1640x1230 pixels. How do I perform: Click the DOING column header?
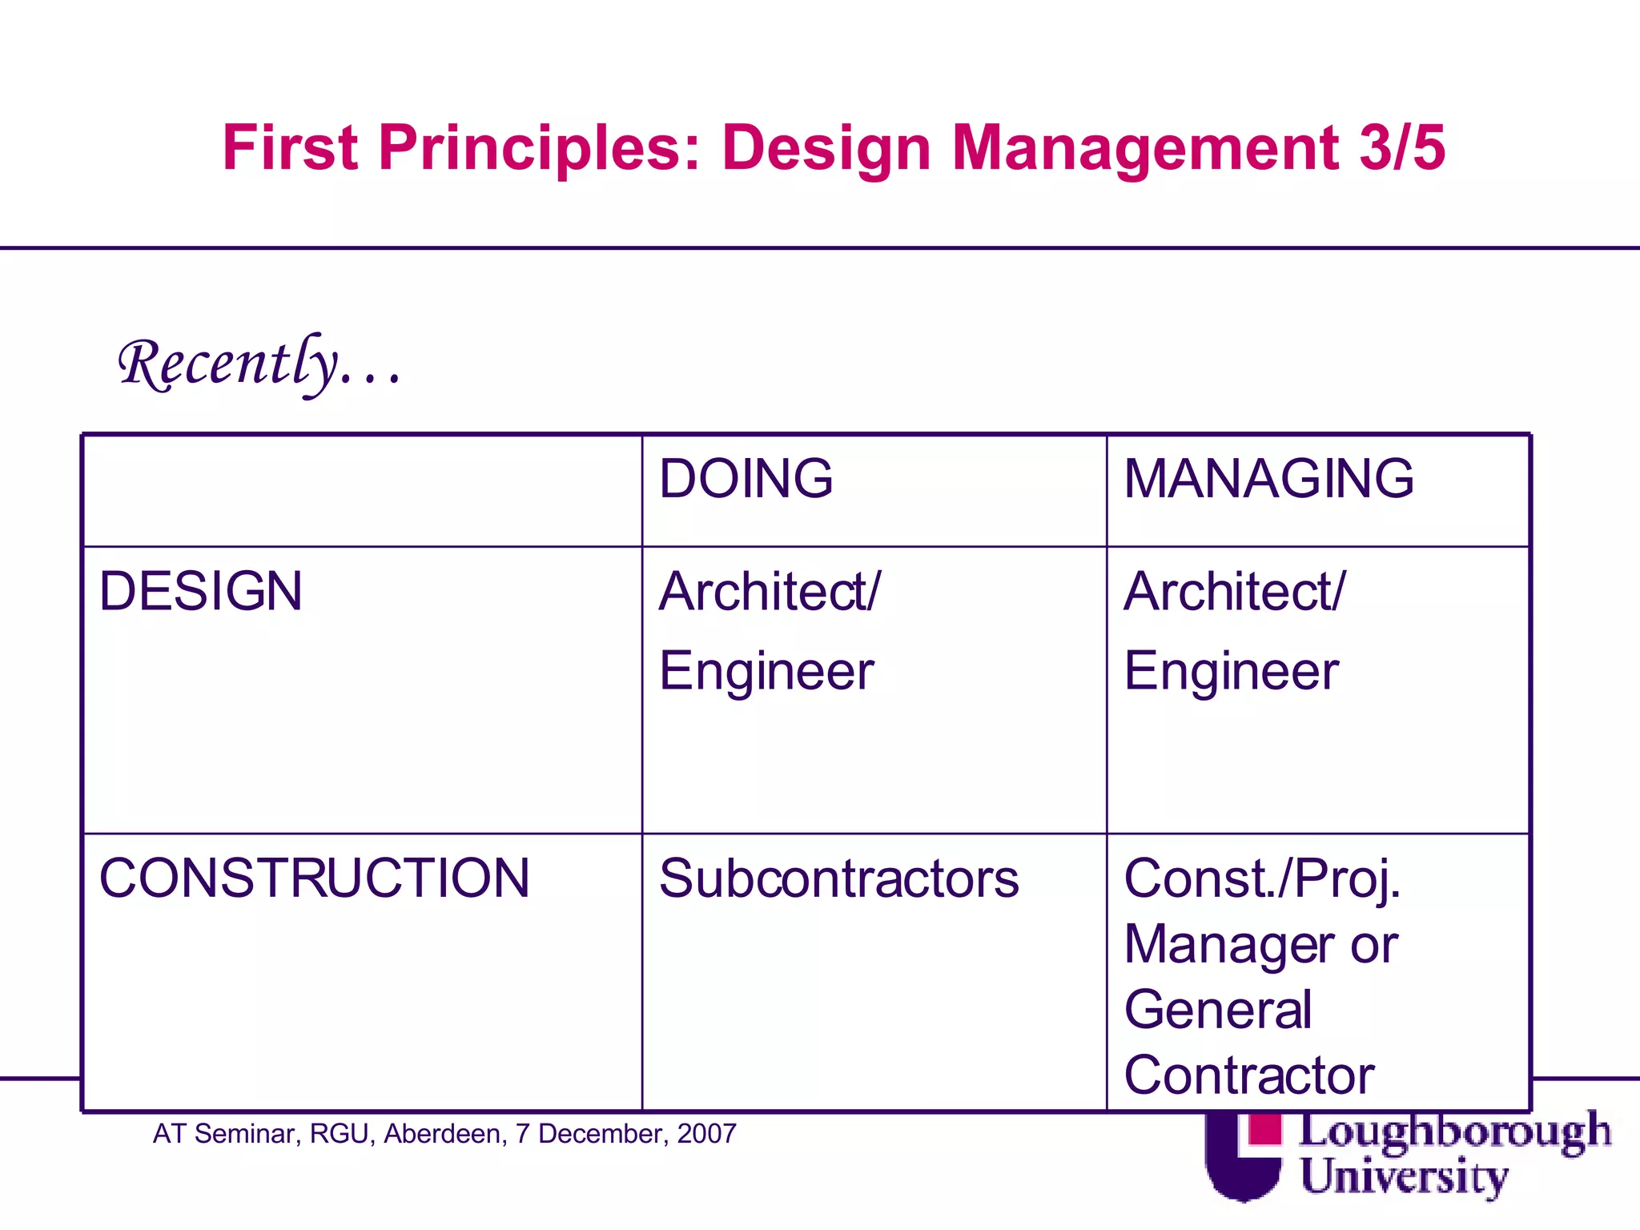[746, 479]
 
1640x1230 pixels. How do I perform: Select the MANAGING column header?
[1268, 479]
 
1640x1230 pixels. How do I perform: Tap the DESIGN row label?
[200, 592]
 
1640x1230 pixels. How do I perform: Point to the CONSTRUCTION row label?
[314, 878]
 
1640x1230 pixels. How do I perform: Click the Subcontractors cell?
[838, 878]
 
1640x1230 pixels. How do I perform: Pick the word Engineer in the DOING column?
[766, 671]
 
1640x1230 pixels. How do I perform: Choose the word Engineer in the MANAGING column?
[1231, 671]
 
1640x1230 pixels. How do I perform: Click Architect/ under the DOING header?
[770, 592]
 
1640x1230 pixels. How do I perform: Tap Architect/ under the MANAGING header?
[1235, 592]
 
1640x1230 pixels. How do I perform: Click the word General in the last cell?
[1218, 1009]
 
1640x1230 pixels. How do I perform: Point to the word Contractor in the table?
[1249, 1075]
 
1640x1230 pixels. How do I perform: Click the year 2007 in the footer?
[706, 1134]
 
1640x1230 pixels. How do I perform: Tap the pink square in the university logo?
[1265, 1129]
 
